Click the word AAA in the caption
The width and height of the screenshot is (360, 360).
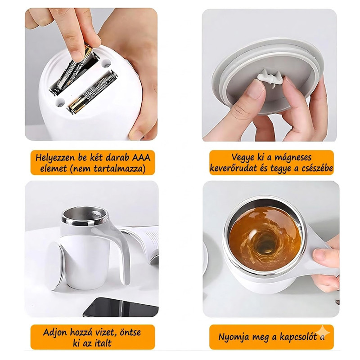click(x=141, y=158)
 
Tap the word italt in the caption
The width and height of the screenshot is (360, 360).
click(x=100, y=343)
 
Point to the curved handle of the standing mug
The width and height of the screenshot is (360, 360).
click(x=123, y=248)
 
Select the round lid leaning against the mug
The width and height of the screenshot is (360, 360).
click(x=55, y=265)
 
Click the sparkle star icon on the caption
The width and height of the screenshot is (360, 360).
click(x=322, y=333)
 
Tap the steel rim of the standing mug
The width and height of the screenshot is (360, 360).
click(x=85, y=222)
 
